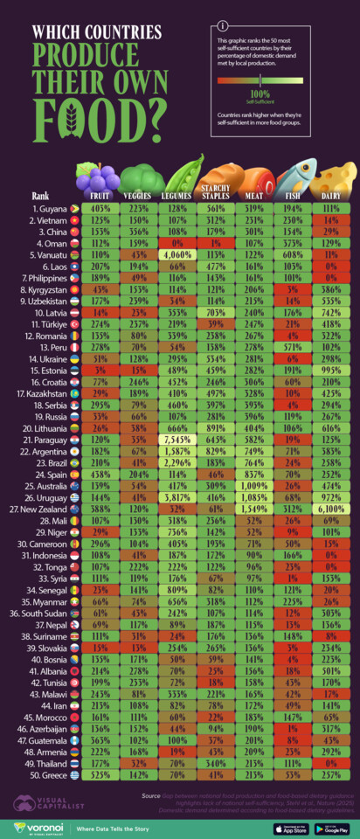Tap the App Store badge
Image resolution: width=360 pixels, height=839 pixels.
click(278, 826)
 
